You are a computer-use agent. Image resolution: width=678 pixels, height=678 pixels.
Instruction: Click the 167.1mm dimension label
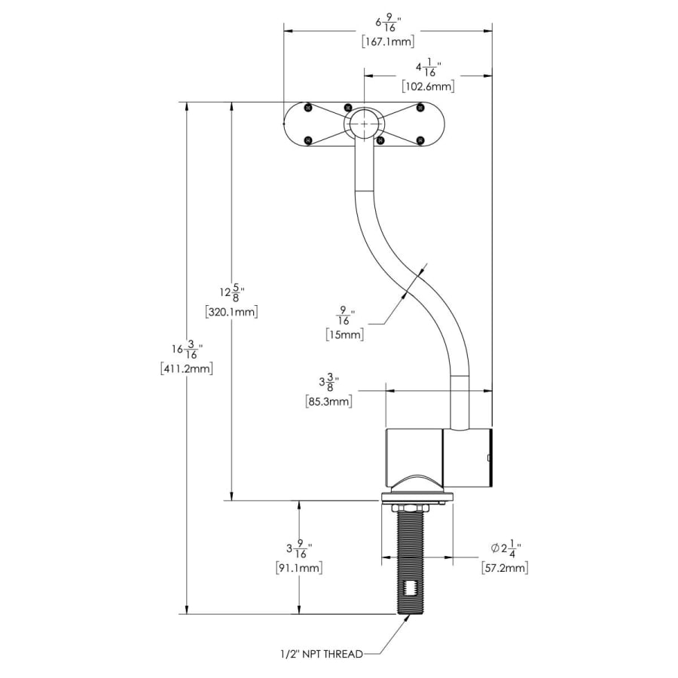(x=387, y=41)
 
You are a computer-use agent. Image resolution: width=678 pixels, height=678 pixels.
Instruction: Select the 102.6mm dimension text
(x=428, y=87)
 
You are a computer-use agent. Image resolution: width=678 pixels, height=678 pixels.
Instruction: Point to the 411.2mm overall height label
(x=187, y=368)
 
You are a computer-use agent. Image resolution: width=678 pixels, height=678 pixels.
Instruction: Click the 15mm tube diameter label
(x=345, y=334)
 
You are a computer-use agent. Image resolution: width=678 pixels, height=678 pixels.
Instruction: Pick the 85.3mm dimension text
(x=329, y=402)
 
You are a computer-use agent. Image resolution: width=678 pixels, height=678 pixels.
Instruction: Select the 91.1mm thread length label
(x=299, y=569)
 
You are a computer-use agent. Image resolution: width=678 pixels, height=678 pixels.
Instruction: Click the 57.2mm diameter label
(x=504, y=567)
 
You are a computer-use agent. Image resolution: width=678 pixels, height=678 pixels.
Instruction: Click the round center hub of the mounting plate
(x=364, y=124)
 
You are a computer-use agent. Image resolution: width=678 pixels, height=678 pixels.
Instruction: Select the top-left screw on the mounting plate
(x=308, y=108)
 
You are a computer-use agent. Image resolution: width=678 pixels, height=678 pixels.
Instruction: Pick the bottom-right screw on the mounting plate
(x=420, y=139)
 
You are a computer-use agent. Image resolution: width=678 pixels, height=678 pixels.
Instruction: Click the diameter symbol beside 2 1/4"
(x=495, y=548)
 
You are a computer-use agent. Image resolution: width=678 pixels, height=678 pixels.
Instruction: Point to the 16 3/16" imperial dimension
(x=185, y=350)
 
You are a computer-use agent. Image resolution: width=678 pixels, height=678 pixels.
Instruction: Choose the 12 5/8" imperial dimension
(x=231, y=292)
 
